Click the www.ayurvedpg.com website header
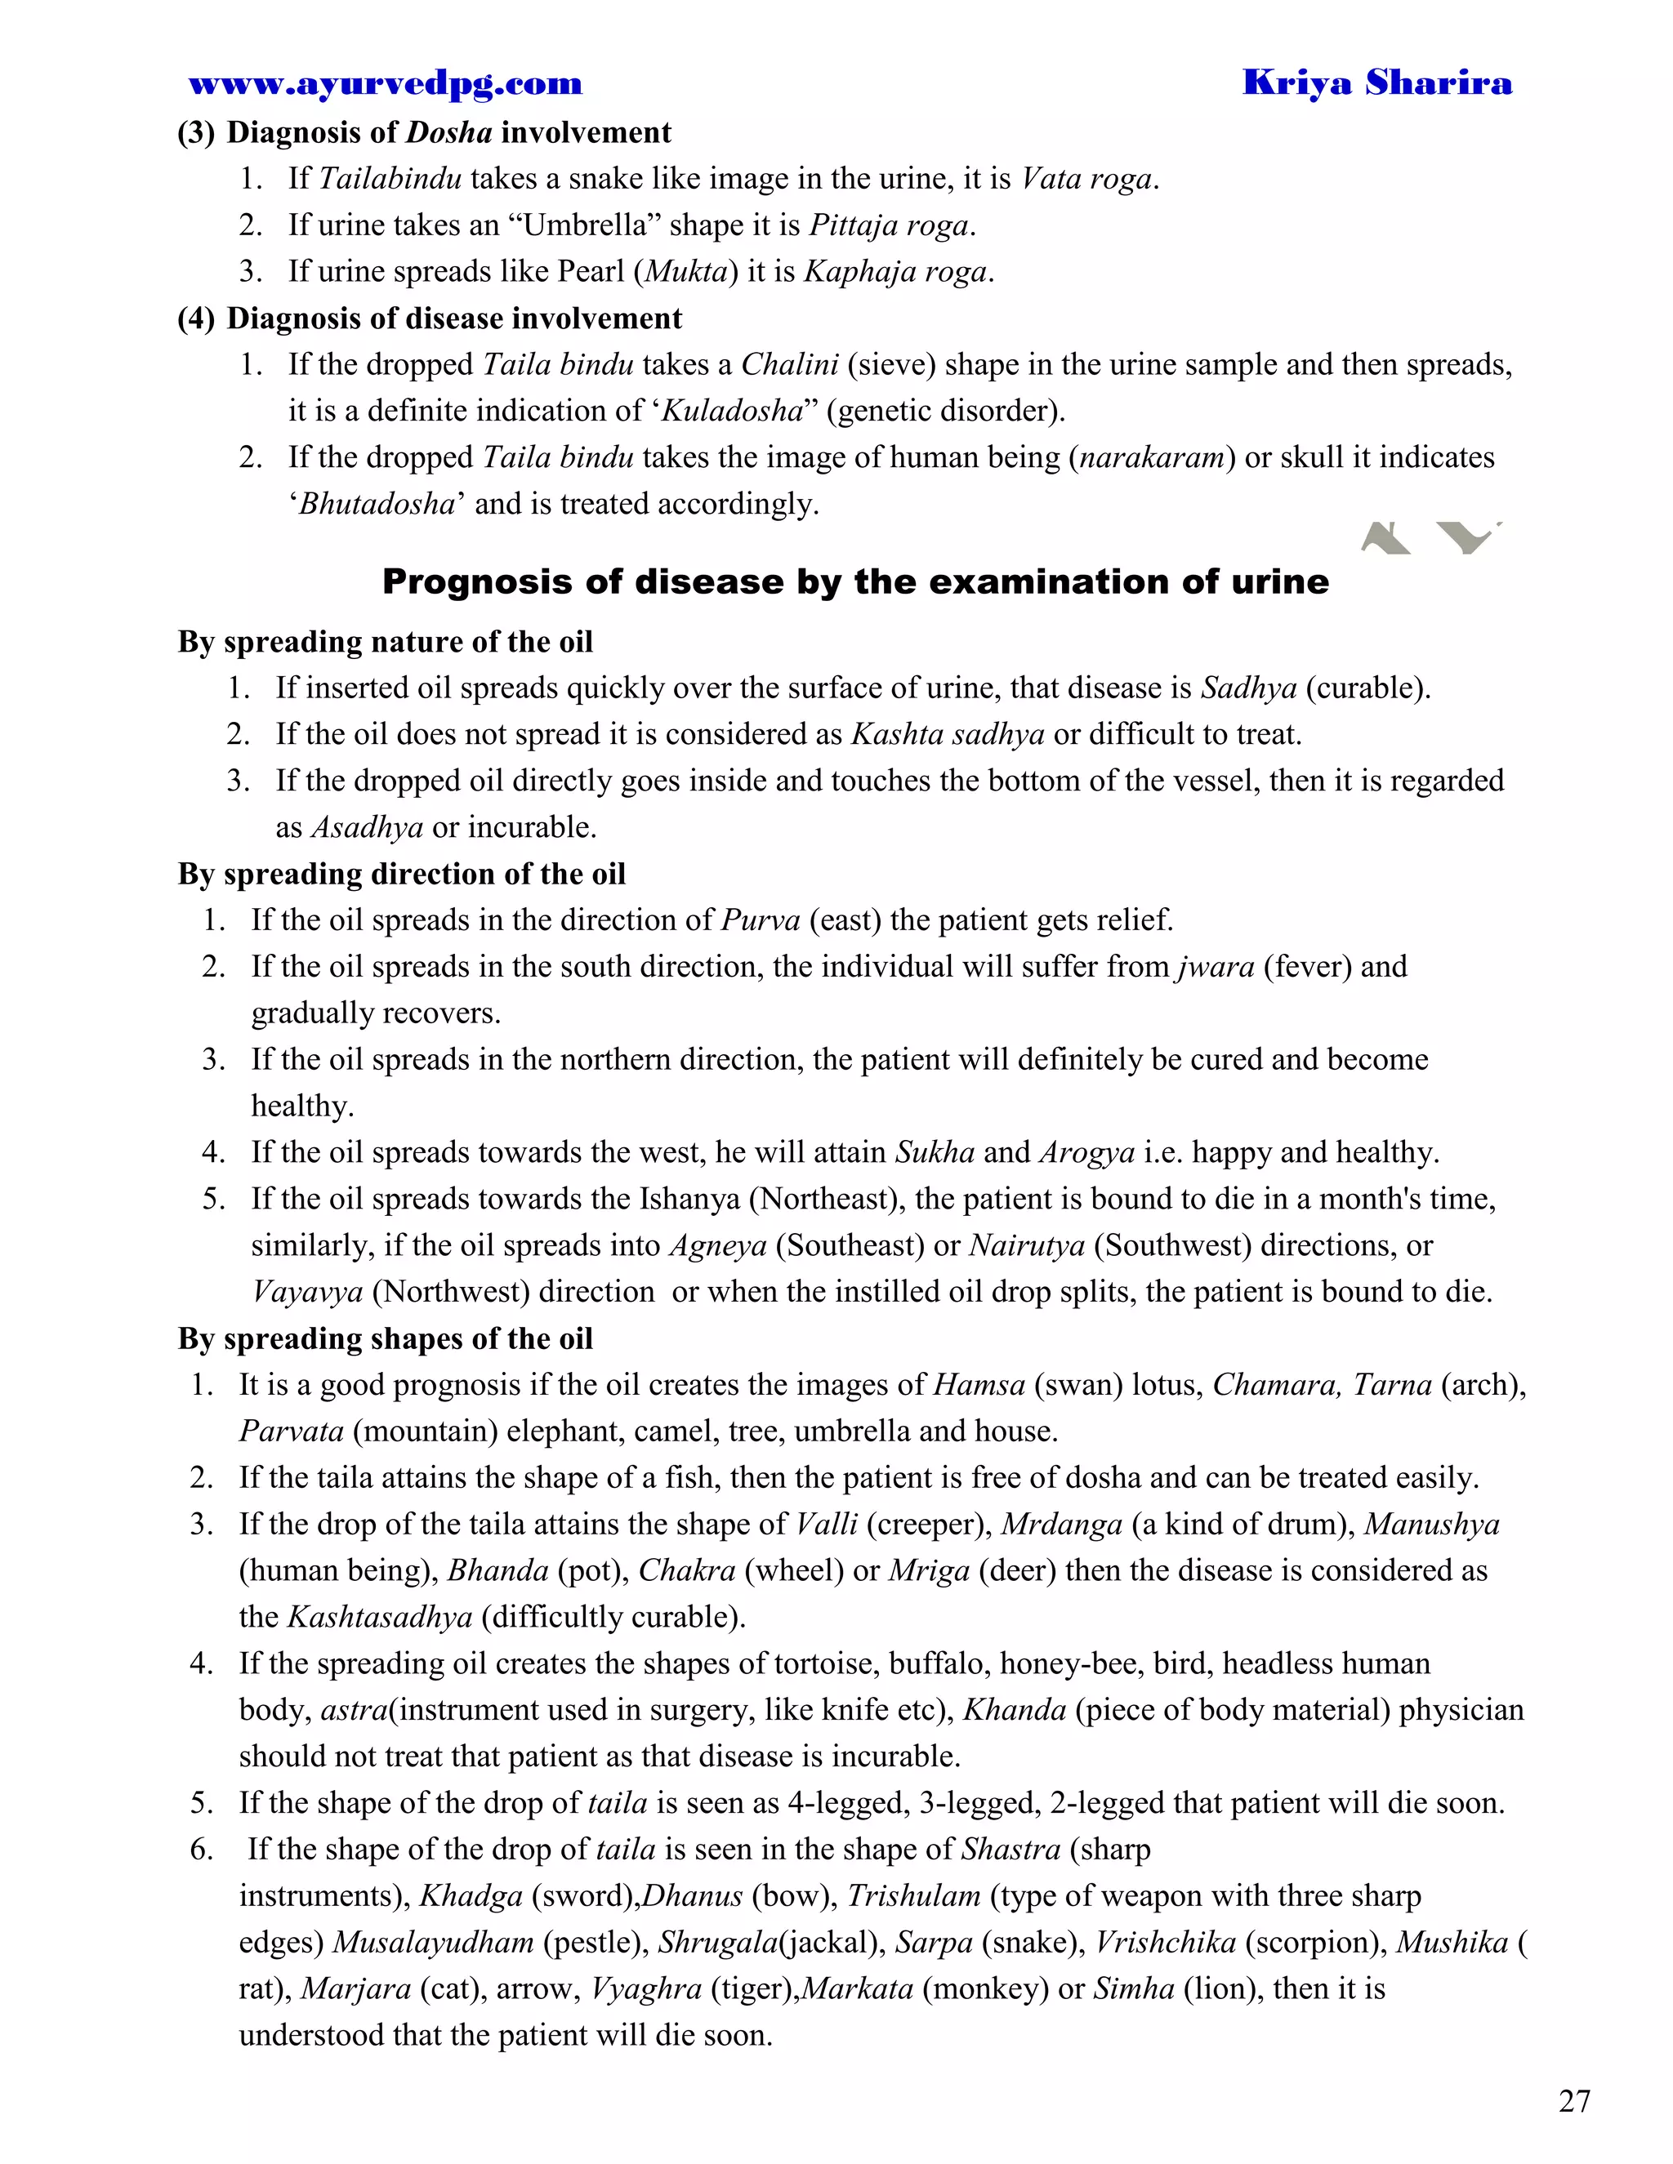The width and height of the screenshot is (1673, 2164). (x=386, y=84)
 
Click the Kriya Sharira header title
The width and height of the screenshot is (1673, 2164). (x=1376, y=83)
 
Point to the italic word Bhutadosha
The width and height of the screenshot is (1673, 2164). (x=377, y=505)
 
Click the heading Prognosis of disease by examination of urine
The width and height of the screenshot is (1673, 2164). (x=854, y=581)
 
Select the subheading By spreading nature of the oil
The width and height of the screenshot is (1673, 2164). (x=385, y=642)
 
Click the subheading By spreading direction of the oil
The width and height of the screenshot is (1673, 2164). (x=401, y=874)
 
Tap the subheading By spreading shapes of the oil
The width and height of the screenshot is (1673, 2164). (x=385, y=1338)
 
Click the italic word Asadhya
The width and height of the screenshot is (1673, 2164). (x=367, y=827)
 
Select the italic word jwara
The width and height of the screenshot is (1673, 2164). (x=1216, y=967)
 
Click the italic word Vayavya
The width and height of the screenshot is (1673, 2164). (x=307, y=1292)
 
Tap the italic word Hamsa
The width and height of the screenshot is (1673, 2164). (x=979, y=1385)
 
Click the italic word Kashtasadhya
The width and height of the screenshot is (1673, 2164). (x=380, y=1617)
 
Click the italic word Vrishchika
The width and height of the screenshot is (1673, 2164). (x=1165, y=1943)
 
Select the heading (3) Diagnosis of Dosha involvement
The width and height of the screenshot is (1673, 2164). (x=424, y=133)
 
